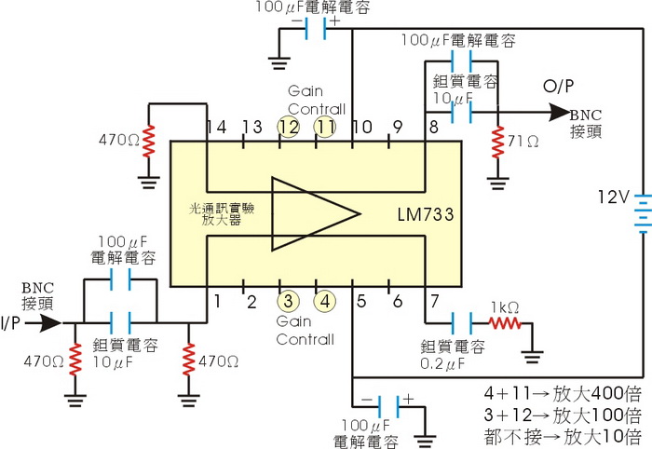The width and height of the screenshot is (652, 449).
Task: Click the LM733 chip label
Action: [x=423, y=216]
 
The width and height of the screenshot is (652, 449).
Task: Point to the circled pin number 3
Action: [x=288, y=301]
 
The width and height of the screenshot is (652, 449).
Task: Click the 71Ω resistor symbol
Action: [x=499, y=142]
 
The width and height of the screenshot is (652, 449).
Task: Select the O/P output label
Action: [x=558, y=88]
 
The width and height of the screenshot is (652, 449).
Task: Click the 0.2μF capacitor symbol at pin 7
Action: [x=459, y=323]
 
